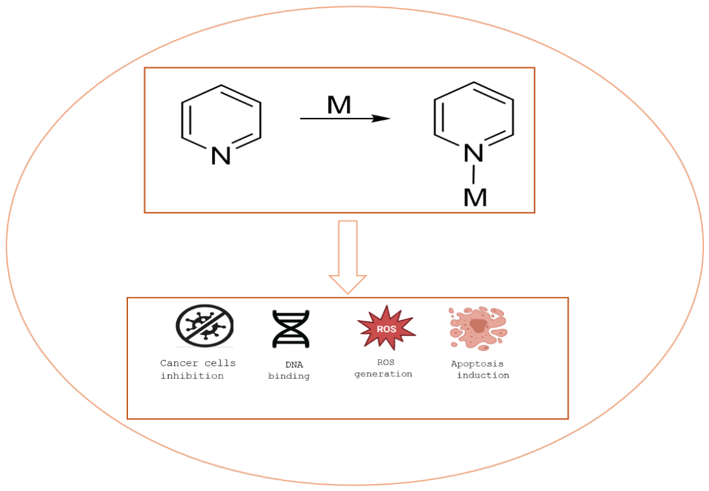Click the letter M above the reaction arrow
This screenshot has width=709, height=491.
339,105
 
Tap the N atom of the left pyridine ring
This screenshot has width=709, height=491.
221,156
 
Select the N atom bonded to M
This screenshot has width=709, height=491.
473,153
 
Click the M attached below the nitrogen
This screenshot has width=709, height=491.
475,198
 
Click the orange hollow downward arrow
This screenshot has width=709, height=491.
348,257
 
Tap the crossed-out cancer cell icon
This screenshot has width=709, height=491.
205,326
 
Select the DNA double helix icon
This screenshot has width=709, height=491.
291,329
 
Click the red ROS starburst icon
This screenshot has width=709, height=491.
386,328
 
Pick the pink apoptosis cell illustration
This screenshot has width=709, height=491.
478,328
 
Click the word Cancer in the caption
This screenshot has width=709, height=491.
179,363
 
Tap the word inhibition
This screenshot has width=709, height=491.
192,376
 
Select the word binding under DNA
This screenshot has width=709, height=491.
289,376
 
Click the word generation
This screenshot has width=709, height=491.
383,374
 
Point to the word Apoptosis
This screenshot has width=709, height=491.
477,364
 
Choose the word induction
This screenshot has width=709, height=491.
483,375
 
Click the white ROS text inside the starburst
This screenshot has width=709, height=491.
386,329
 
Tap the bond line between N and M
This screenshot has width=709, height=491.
473,174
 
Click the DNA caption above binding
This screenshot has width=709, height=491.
294,365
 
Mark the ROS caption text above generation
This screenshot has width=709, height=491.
386,362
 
